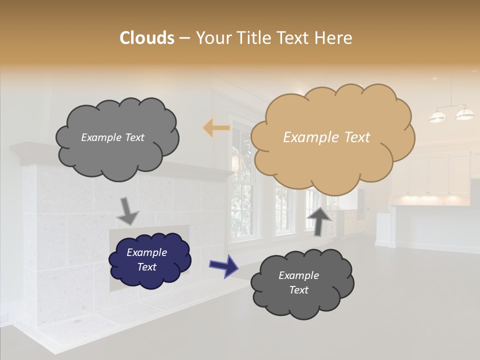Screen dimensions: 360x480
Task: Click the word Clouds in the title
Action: click(146, 38)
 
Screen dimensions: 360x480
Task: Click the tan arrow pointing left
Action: click(216, 128)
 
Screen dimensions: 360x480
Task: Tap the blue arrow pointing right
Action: click(224, 265)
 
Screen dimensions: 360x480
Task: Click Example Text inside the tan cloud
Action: click(326, 137)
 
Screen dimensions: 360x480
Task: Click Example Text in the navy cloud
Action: click(146, 259)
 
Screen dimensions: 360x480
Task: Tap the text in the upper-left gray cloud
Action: click(112, 137)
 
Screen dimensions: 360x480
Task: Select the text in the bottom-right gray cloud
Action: click(298, 282)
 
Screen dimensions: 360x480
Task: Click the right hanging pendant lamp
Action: click(465, 114)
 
